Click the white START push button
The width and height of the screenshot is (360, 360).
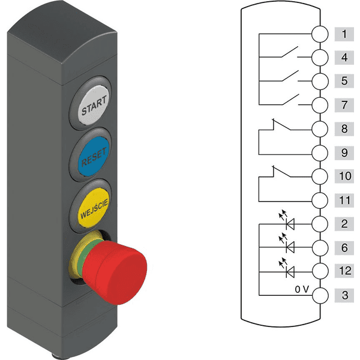pos(92,104)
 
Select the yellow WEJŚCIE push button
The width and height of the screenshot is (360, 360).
pos(93,208)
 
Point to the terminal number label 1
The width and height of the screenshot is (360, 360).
pos(344,34)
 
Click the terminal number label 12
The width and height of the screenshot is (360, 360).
pos(344,271)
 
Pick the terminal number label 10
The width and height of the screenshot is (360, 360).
pos(344,176)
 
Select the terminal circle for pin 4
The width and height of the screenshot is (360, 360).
pos(320,58)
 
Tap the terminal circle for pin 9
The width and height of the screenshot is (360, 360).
pos(320,152)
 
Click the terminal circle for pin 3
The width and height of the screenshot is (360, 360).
pos(320,295)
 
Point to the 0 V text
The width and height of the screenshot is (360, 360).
pos(302,289)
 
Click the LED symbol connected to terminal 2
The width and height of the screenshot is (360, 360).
pos(287,221)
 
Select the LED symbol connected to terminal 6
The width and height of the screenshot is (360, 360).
pos(287,244)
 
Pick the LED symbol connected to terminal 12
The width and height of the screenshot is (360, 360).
pos(287,268)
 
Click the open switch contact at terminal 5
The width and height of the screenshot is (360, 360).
pos(290,76)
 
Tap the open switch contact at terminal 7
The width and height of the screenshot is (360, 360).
pos(290,100)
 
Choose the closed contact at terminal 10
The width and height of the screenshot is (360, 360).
pos(281,172)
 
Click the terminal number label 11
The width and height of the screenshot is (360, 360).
pos(344,200)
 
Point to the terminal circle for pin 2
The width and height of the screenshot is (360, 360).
pos(320,224)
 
